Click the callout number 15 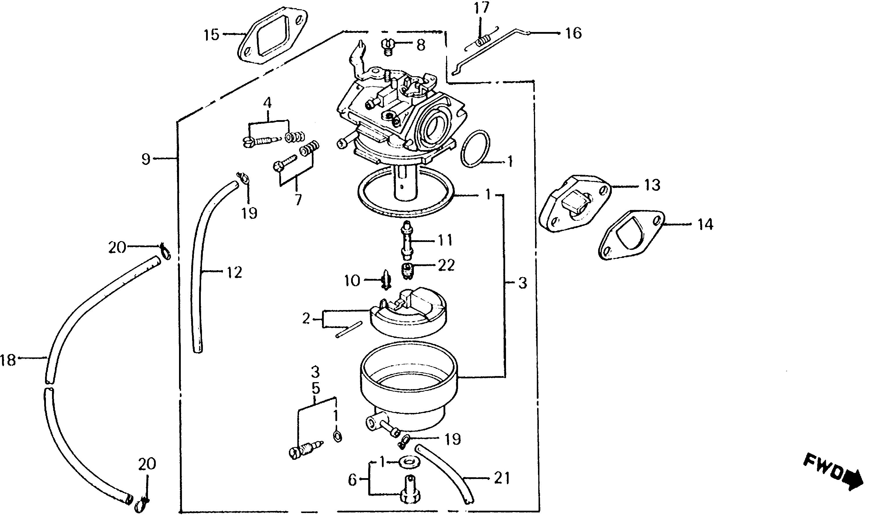coord(212,35)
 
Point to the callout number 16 coord(573,33)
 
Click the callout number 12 coord(234,272)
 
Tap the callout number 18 coord(8,360)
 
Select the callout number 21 coord(502,479)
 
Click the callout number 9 coord(146,159)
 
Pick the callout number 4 coord(267,103)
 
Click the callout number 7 coord(298,200)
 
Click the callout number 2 coord(306,319)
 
